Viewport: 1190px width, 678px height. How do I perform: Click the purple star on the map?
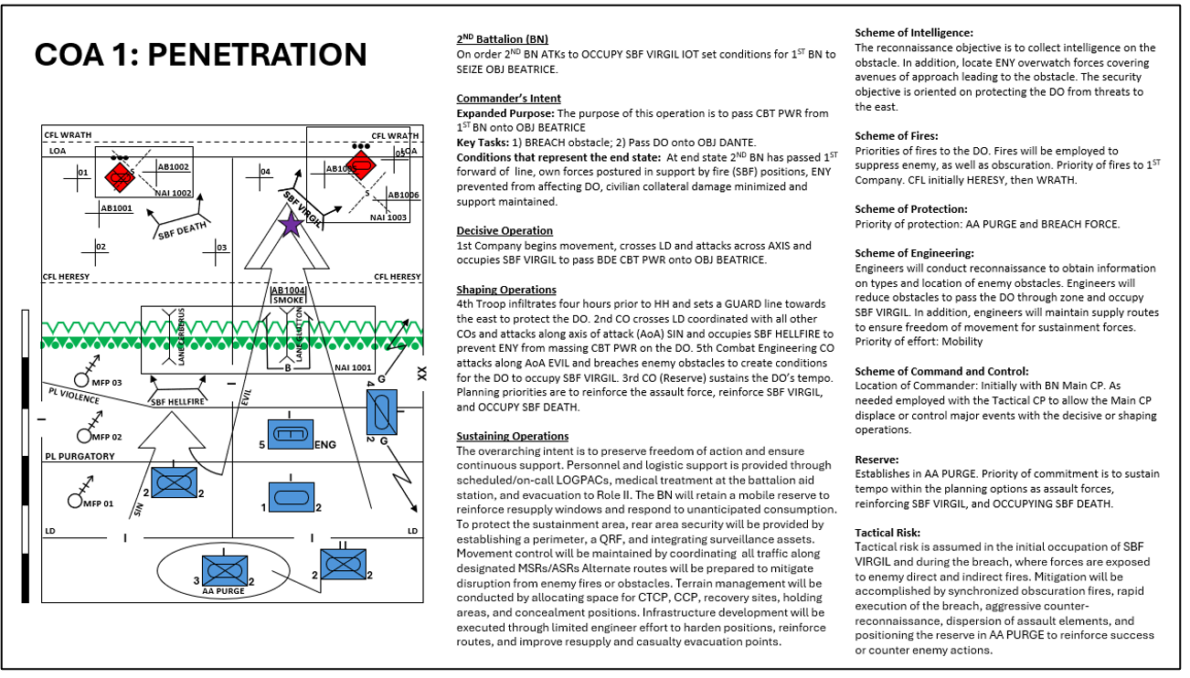291,225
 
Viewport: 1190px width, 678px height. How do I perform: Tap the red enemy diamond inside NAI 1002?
119,176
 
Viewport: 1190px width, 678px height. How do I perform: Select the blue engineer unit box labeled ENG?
290,435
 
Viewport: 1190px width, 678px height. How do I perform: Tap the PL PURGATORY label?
80,456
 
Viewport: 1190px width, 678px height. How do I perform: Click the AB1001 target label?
116,208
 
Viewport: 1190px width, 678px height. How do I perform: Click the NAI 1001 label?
354,366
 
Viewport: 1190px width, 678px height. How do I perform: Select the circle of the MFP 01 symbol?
75,500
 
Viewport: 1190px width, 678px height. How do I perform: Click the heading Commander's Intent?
508,98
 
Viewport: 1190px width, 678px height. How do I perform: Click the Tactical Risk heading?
888,532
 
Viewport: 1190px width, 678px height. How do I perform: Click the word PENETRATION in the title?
258,55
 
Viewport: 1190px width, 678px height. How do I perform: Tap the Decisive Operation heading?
505,230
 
